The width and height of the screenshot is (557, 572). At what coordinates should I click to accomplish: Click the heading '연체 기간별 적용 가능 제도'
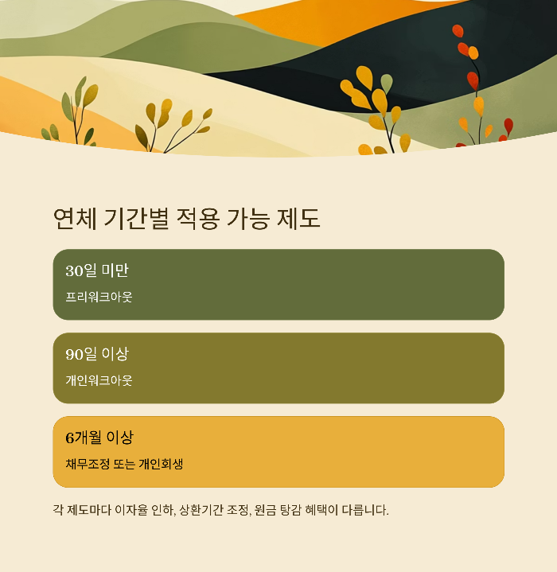click(x=186, y=218)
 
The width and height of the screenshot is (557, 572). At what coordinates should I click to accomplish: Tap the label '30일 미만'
click(x=97, y=271)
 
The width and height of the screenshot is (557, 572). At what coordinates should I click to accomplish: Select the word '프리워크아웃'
click(x=99, y=298)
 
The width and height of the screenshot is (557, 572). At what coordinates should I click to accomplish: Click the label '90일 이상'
click(x=97, y=354)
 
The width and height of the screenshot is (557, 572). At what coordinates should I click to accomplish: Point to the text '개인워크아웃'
click(x=99, y=380)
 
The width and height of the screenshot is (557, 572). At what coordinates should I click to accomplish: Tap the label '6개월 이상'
click(x=99, y=438)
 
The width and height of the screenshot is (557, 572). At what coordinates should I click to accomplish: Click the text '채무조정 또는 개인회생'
click(x=124, y=464)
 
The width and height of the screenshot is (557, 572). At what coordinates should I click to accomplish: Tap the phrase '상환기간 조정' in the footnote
click(x=215, y=510)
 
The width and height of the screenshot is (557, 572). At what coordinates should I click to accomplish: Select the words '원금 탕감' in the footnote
click(x=279, y=510)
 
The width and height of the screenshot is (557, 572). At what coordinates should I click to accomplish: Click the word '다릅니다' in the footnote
click(x=365, y=510)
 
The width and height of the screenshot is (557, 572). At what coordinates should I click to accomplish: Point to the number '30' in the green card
click(x=74, y=271)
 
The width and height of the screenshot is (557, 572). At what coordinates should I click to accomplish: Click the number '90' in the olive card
click(x=74, y=354)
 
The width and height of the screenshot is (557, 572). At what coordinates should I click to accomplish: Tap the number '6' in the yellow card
click(x=69, y=438)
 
